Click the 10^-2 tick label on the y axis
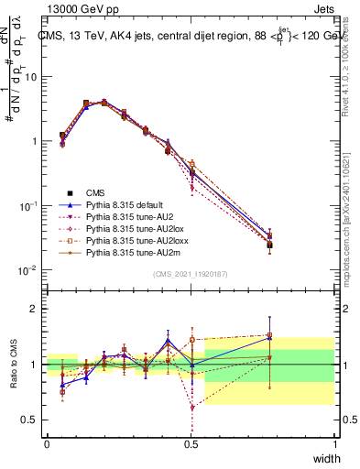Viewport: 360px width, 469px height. (27, 270)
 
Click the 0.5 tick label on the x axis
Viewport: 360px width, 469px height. (191, 444)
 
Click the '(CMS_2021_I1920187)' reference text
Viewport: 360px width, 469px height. (191, 274)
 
